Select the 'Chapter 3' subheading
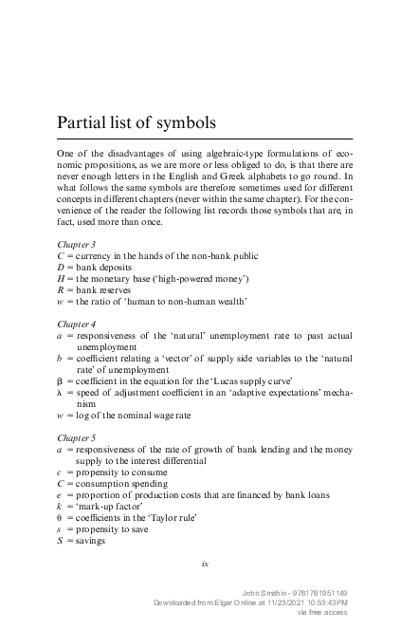click(x=76, y=245)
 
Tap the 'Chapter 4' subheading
click(x=76, y=324)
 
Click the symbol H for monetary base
click(x=61, y=279)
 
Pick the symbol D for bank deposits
click(x=61, y=268)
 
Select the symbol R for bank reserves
click(x=61, y=290)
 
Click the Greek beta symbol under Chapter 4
click(x=61, y=380)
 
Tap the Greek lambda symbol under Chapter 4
click(x=61, y=392)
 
